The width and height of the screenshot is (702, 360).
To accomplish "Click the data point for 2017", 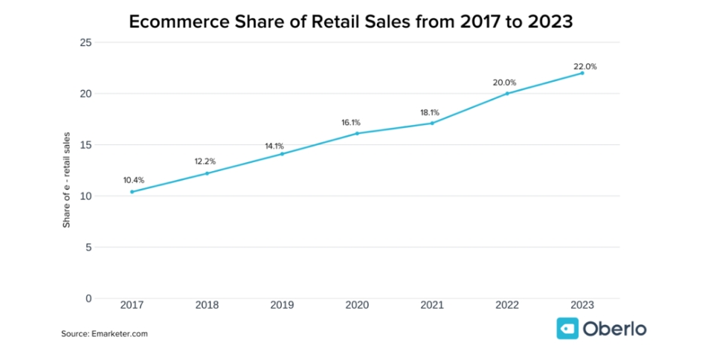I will point(132,192).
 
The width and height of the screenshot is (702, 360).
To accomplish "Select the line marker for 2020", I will point(357,133).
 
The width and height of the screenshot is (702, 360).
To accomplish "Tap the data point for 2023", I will point(582,73).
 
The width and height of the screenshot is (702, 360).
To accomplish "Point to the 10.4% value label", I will point(134,180).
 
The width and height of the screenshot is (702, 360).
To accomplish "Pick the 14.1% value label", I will point(274,146).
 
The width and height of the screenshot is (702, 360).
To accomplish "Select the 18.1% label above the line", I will point(430,112).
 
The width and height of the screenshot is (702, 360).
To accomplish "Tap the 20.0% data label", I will point(504,83).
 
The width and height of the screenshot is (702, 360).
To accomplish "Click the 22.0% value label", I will point(585,66).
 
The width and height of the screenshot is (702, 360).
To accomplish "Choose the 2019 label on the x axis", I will point(282,305).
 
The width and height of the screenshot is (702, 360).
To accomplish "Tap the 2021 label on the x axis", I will point(432,305).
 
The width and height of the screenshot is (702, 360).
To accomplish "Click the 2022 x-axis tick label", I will point(507,305).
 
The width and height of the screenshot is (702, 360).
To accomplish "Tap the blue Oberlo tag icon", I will point(568,328).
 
